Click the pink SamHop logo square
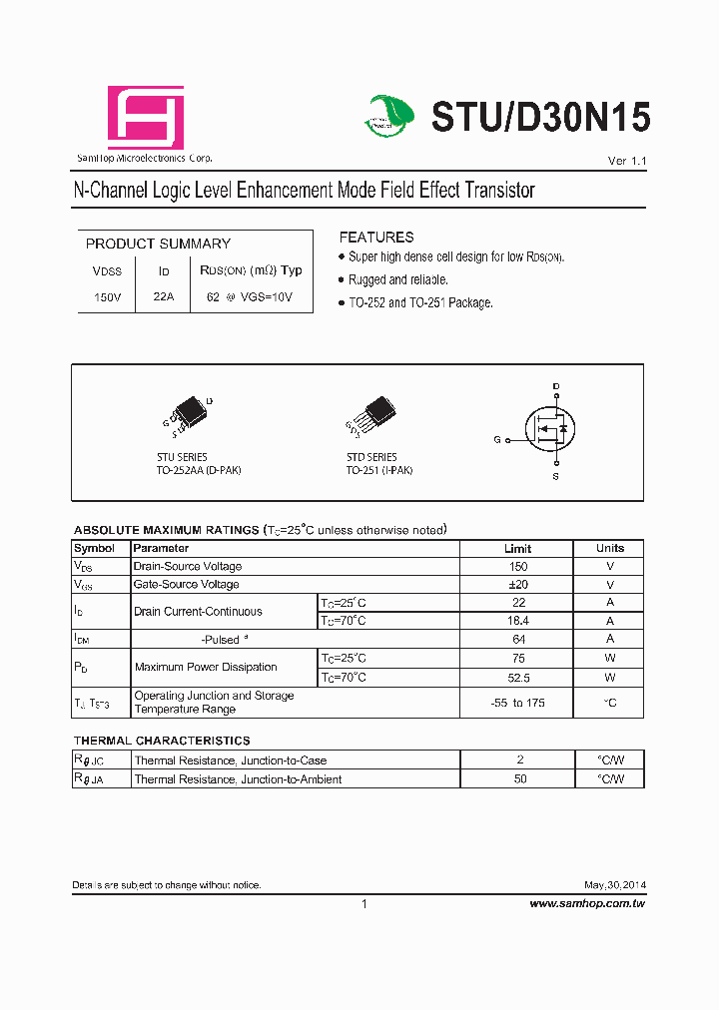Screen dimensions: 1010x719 click(146, 118)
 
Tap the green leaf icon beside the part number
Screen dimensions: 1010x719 click(389, 116)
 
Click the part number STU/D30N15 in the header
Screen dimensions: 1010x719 click(540, 118)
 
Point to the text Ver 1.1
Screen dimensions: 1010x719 click(627, 162)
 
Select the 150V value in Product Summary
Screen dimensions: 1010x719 click(107, 297)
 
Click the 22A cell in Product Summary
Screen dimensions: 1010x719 click(164, 297)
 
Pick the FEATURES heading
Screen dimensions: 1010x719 click(376, 238)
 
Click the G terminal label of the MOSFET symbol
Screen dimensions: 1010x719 click(497, 440)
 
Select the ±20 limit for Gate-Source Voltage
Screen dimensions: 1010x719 click(517, 585)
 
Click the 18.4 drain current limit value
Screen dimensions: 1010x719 click(517, 621)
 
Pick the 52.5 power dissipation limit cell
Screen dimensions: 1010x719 click(517, 678)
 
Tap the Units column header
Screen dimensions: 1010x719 click(609, 549)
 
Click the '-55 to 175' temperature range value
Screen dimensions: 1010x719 click(517, 703)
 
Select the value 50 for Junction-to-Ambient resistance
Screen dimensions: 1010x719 click(519, 779)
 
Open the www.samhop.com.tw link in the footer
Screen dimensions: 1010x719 click(587, 903)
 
